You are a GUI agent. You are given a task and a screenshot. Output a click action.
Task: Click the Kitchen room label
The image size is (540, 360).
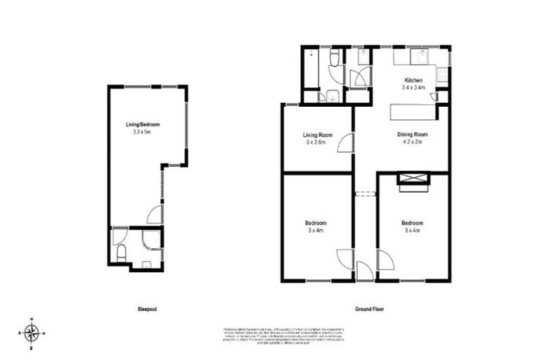(413, 80)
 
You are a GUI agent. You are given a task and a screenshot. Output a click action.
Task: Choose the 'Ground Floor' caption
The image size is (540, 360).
(369, 309)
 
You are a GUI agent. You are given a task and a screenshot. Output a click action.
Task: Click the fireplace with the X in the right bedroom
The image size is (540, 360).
(413, 179)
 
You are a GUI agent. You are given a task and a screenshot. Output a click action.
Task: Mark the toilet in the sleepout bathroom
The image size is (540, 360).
(121, 252)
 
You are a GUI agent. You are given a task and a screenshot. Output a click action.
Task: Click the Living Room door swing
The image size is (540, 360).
(345, 143)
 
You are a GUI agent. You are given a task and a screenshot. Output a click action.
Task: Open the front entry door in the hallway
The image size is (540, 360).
(364, 271)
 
